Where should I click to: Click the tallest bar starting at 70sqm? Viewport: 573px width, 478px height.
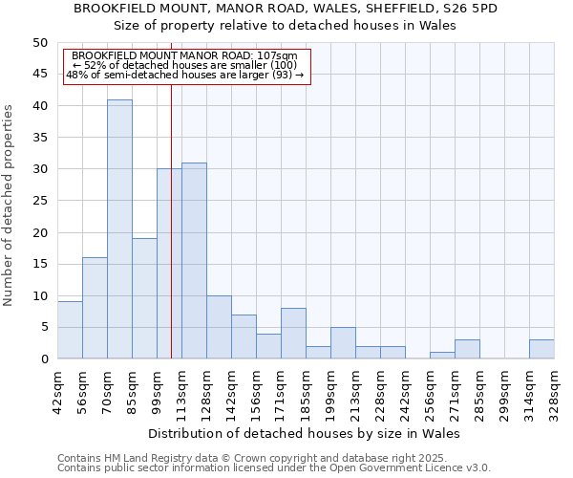coord(119,229)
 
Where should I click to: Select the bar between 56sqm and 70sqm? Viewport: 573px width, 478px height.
coord(95,308)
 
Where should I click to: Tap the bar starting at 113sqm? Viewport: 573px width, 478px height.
coord(194,261)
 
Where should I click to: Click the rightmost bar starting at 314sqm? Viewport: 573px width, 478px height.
coord(541,350)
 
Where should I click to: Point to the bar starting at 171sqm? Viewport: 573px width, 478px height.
coord(293,334)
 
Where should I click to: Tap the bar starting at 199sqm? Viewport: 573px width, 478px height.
coord(343,343)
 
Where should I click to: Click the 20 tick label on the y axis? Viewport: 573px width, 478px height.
coord(39,232)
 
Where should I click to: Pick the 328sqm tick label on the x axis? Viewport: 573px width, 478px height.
coord(555,392)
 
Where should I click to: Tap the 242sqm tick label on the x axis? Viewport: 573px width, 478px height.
coord(406,392)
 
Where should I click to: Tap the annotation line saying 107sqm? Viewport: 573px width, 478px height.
coord(187,56)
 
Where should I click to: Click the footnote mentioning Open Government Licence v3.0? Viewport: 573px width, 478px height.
coord(274,467)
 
